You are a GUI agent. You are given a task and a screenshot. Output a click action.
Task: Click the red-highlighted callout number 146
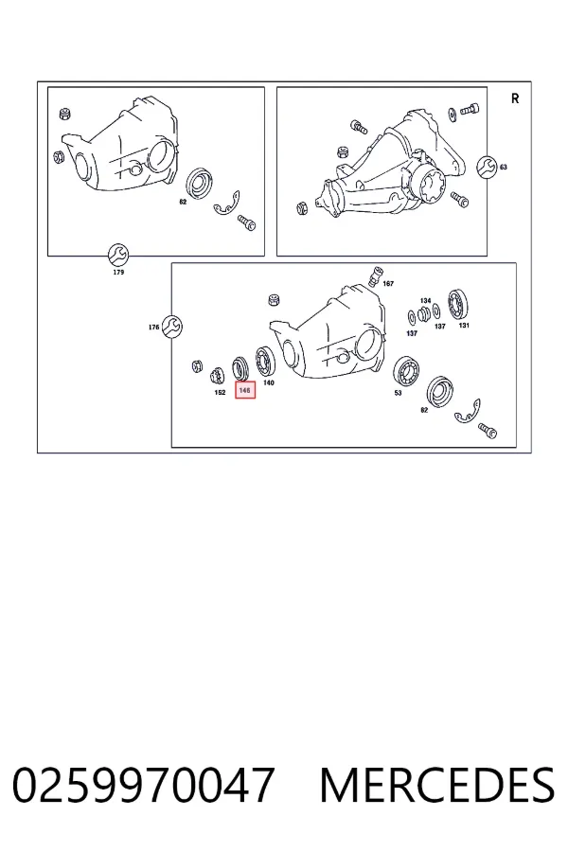(x=244, y=390)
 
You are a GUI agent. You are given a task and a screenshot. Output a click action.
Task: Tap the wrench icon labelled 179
(x=118, y=254)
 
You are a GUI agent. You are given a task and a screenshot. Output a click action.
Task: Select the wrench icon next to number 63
(x=487, y=167)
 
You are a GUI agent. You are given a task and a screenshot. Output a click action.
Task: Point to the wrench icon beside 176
(x=172, y=327)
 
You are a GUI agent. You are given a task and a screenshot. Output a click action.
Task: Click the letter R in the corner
(x=515, y=98)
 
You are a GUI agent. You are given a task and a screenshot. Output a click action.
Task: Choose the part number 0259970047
(x=144, y=785)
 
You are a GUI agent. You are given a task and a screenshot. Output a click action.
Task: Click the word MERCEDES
(x=437, y=785)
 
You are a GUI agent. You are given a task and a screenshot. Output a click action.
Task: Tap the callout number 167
(x=388, y=284)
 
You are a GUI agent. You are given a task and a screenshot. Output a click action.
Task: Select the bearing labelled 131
(x=459, y=305)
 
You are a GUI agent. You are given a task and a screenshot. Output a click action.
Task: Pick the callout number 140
(x=269, y=382)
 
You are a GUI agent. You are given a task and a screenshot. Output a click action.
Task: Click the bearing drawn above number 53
(x=406, y=370)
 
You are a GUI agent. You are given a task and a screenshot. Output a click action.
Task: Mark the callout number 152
(x=220, y=392)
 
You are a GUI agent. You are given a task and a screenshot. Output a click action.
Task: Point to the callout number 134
(x=426, y=300)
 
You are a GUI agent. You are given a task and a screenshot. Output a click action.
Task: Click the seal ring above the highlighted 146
(x=240, y=368)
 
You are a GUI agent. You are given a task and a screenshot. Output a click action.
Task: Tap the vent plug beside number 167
(x=376, y=276)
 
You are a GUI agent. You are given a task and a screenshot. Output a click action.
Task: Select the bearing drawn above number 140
(x=265, y=361)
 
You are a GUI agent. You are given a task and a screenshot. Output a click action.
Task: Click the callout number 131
(x=464, y=326)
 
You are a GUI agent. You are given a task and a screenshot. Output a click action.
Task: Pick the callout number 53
(x=398, y=393)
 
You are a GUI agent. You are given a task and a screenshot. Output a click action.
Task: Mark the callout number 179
(x=118, y=272)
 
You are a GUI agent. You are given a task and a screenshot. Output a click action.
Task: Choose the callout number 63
(x=504, y=168)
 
